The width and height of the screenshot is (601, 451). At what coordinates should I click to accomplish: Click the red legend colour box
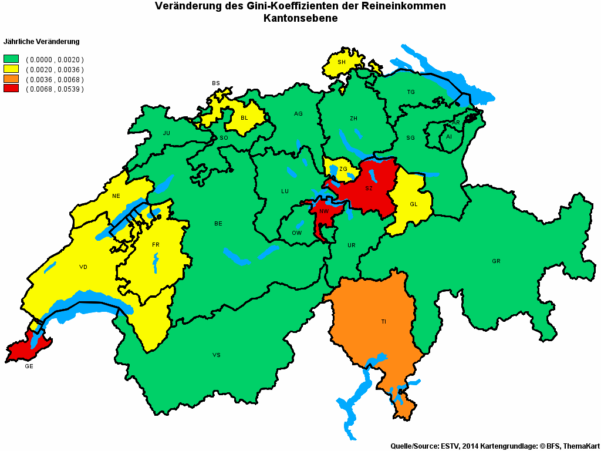tap(11, 89)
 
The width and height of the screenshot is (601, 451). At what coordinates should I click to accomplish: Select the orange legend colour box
tap(11, 79)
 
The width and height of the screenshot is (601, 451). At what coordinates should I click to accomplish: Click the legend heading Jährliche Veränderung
tap(42, 42)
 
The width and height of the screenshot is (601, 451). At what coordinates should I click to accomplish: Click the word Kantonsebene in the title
tap(300, 19)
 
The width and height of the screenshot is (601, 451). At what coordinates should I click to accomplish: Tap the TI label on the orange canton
tap(384, 322)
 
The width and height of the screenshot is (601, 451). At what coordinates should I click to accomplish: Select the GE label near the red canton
tap(29, 366)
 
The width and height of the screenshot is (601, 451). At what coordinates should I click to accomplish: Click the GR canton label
tap(497, 261)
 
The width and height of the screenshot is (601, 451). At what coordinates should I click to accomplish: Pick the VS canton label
tap(217, 355)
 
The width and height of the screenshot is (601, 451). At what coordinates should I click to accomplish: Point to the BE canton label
tap(218, 224)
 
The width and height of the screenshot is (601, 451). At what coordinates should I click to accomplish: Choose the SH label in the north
tap(342, 62)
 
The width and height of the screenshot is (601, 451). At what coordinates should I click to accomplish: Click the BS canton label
tap(216, 83)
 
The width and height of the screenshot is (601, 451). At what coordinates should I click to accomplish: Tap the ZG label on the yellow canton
tap(343, 169)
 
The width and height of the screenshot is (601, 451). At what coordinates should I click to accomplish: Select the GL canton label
tap(413, 204)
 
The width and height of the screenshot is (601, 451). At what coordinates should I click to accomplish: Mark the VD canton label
tap(83, 267)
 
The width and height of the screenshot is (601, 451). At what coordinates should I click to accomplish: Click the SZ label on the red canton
tap(369, 189)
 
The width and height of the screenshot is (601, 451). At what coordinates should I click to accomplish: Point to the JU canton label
tap(167, 133)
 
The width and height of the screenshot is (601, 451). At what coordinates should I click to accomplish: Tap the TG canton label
tap(411, 92)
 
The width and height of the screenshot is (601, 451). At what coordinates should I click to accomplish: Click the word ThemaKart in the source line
tap(580, 446)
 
